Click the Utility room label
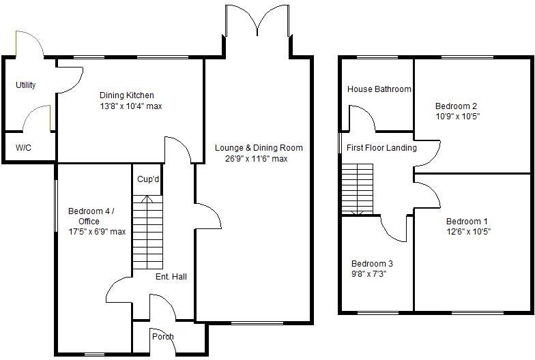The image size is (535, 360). pyautogui.click(x=26, y=85)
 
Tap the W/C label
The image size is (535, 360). pyautogui.click(x=24, y=148)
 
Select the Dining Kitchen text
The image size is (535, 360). pyautogui.click(x=127, y=95)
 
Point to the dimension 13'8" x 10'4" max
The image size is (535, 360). pyautogui.click(x=131, y=106)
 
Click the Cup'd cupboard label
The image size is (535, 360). pyautogui.click(x=148, y=180)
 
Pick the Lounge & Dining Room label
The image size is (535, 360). pyautogui.click(x=259, y=148)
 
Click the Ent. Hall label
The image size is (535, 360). pyautogui.click(x=171, y=277)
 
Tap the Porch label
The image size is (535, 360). pyautogui.click(x=163, y=337)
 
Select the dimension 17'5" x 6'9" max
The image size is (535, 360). pyautogui.click(x=97, y=232)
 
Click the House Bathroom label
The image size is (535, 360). pyautogui.click(x=379, y=89)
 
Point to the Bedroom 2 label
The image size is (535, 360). pyautogui.click(x=457, y=106)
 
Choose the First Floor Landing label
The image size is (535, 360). pyautogui.click(x=381, y=148)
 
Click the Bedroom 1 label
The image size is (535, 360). pyautogui.click(x=467, y=221)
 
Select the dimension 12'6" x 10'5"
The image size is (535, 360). pyautogui.click(x=468, y=232)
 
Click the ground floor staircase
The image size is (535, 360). pyautogui.click(x=148, y=232)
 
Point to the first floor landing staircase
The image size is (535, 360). pyautogui.click(x=358, y=189)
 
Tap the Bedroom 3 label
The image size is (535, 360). pyautogui.click(x=372, y=264)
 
